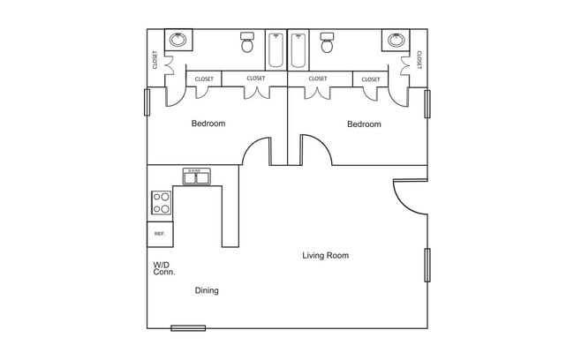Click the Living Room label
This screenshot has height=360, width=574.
(x=325, y=256)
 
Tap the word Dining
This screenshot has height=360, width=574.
(x=207, y=290)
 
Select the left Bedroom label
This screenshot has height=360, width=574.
(x=208, y=124)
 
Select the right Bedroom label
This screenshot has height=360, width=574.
(x=364, y=124)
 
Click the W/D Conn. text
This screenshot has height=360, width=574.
(x=163, y=268)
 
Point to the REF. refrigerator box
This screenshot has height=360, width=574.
(x=160, y=234)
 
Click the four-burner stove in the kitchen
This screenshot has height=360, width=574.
(x=161, y=203)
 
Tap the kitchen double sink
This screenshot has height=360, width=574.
(x=197, y=177)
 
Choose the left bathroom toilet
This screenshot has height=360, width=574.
(x=248, y=42)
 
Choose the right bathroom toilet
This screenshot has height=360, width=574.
(x=328, y=42)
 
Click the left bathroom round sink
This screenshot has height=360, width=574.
(x=179, y=41)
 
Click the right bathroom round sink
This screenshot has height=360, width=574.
(x=396, y=41)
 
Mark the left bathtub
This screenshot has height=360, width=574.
(x=276, y=50)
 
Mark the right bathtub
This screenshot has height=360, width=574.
(x=298, y=50)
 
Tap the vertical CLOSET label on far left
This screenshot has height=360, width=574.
(x=155, y=59)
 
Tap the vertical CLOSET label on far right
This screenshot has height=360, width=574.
(x=419, y=59)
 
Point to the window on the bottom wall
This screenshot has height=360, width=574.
(x=188, y=328)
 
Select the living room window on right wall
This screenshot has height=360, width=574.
(x=427, y=265)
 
